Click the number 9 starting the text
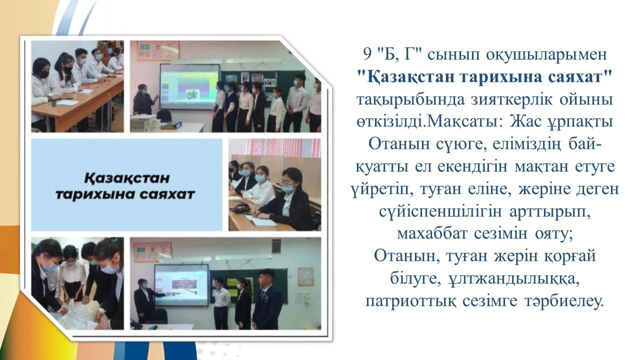pyautogui.click(x=367, y=54)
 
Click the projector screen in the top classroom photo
pyautogui.click(x=189, y=86)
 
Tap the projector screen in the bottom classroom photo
pyautogui.click(x=181, y=285)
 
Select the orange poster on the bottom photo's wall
pyautogui.click(x=305, y=277)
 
